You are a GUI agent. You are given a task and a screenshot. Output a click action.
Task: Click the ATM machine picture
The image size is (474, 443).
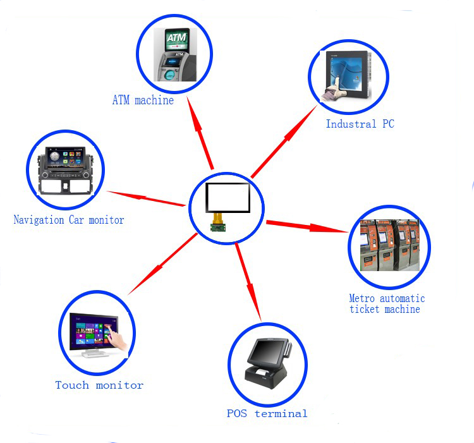click(175, 55)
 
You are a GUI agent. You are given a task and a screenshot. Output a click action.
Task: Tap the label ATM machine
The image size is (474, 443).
click(143, 100)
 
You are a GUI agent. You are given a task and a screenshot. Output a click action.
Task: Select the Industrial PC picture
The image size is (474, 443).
click(346, 76)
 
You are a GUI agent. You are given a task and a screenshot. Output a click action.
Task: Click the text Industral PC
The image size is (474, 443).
click(360, 124)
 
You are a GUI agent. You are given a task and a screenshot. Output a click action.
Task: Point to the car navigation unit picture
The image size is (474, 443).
click(65, 171)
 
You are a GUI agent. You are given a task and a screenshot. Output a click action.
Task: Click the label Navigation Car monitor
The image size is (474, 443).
click(69, 220)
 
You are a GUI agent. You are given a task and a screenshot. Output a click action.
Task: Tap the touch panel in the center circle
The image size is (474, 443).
click(228, 198)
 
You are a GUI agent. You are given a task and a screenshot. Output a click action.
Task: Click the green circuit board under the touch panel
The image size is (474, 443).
click(218, 227)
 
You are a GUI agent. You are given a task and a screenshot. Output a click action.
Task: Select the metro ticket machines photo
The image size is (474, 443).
click(390, 245)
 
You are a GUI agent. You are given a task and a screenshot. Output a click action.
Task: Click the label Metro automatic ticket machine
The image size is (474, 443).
click(387, 304)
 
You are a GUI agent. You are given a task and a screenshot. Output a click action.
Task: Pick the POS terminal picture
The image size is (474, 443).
click(268, 363)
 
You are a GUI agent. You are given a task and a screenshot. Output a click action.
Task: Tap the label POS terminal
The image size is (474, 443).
click(267, 413)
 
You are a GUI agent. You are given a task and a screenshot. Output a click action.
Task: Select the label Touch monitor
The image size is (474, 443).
click(99, 385)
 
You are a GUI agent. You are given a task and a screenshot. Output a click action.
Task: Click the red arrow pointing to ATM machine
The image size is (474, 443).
click(200, 133)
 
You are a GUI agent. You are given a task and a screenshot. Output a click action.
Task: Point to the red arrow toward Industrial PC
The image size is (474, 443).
click(284, 141)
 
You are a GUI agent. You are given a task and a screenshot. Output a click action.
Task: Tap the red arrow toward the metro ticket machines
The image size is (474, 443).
click(307, 226)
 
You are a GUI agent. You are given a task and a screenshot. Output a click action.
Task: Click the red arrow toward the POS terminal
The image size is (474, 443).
click(248, 282)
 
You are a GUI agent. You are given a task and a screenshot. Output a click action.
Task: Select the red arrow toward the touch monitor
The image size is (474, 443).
click(162, 264)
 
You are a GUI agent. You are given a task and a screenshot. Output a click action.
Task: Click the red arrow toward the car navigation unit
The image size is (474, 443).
click(146, 198)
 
